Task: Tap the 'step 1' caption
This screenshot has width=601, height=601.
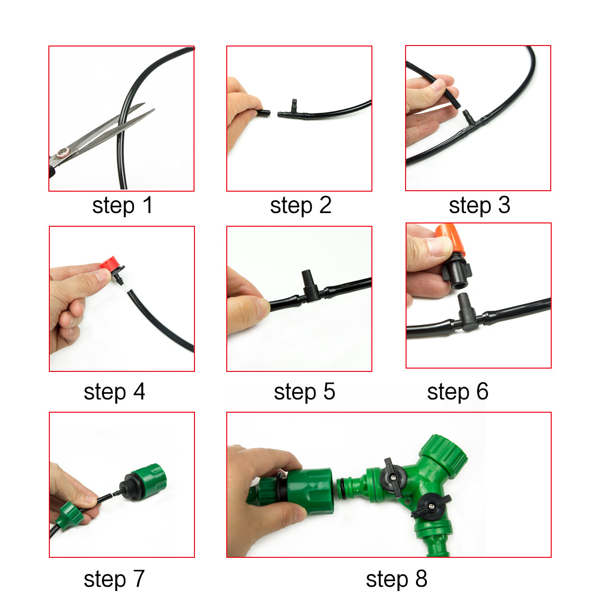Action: pos(122,205)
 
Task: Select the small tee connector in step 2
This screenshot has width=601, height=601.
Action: pos(291,110)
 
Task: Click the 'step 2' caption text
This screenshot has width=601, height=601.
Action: pos(300,205)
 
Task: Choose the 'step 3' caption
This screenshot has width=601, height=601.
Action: pos(479,205)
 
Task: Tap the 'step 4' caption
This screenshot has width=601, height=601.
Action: pos(114,392)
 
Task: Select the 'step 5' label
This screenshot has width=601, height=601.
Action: pos(304,392)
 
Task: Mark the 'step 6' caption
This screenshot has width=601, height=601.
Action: pos(457,392)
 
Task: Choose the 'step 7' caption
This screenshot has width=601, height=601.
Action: pos(114,579)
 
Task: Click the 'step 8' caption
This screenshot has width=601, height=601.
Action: pos(397,579)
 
